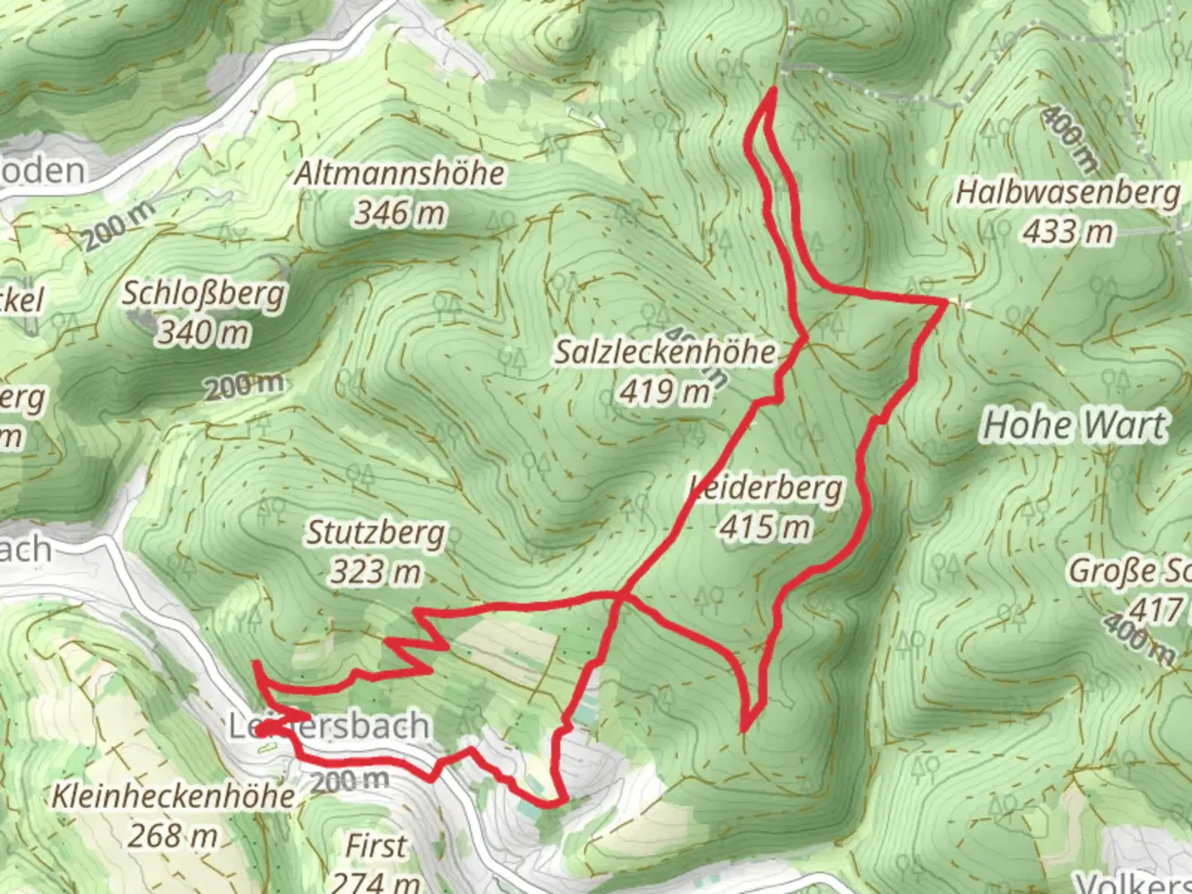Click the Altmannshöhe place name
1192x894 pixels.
coord(400,174)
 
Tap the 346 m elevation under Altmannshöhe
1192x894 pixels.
coord(400,214)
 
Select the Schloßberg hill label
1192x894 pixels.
coord(204,294)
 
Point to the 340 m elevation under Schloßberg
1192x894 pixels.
coord(204,333)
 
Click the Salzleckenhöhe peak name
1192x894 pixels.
coord(665,352)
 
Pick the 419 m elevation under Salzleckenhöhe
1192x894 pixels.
coord(665,391)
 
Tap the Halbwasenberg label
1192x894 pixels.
coord(1068,193)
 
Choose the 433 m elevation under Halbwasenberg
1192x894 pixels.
coord(1068,232)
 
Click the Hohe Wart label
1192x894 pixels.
coord(1074,425)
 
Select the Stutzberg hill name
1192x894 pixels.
coord(376,532)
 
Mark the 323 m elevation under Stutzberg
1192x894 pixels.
coord(376,571)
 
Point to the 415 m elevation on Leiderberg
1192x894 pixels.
coord(765,526)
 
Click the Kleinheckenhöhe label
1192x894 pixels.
coord(173,796)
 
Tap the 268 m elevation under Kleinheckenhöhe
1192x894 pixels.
coord(173,836)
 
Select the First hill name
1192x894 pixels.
coord(376,846)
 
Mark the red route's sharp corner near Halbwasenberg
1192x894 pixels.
coord(945,304)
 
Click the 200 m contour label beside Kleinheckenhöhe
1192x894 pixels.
coord(349,780)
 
